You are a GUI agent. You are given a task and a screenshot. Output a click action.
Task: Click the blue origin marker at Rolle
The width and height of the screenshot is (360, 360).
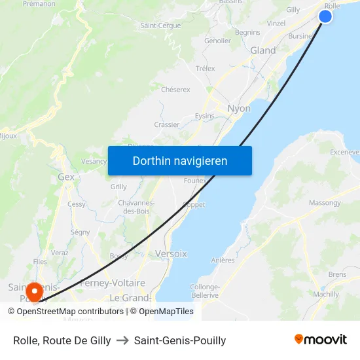point(325,16)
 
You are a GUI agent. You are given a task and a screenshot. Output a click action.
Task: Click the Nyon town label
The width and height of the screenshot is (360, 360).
point(239,108)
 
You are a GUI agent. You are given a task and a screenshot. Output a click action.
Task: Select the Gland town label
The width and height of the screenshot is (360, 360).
point(263,50)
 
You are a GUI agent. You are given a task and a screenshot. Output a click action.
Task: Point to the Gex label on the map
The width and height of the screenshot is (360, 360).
point(66,177)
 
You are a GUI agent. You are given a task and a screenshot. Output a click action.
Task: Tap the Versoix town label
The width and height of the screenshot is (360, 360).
point(171,253)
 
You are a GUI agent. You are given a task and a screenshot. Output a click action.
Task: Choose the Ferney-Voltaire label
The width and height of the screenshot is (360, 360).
point(112,283)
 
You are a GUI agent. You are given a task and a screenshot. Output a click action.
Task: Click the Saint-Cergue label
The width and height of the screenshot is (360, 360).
point(160,26)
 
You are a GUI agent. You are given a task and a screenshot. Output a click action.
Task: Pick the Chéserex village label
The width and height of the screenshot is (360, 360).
point(175,89)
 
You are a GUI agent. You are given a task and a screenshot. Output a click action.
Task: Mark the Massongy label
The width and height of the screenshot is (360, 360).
point(325,203)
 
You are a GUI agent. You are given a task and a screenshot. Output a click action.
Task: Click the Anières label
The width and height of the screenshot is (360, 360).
point(223,260)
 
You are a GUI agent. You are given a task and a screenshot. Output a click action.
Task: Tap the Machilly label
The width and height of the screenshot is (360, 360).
point(326,294)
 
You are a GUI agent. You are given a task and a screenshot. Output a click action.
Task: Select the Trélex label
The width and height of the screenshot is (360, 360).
point(206,68)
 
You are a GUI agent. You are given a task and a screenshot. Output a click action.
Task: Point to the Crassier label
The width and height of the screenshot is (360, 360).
point(167,124)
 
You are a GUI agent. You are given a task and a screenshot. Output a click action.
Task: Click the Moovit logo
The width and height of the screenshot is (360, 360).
point(321,339)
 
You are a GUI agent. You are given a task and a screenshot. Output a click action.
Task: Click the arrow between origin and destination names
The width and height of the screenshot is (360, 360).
point(122,340)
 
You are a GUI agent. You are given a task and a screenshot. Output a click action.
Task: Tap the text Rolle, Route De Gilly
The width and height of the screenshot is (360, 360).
point(62,340)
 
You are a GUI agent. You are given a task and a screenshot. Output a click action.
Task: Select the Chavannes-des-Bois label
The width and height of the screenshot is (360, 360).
point(135,207)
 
